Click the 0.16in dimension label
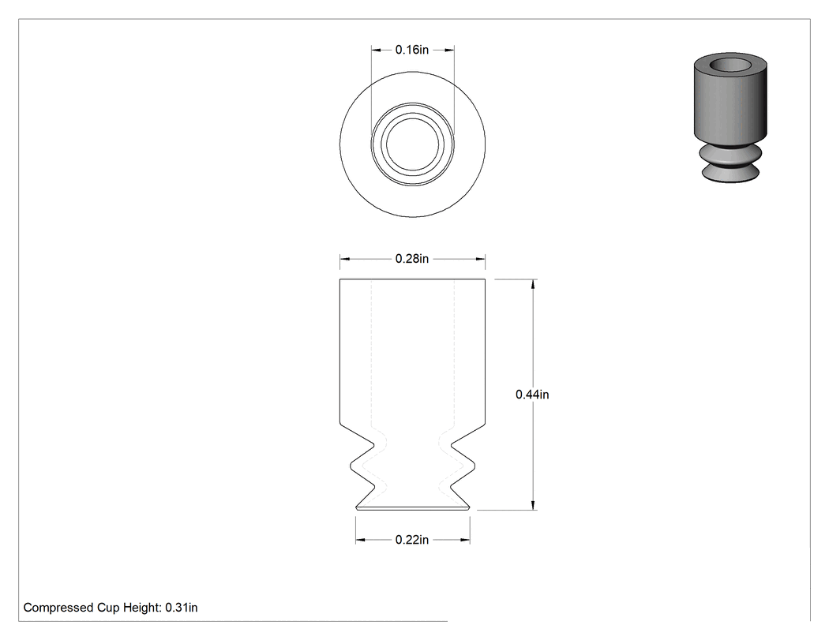point(412,50)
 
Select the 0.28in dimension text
point(412,258)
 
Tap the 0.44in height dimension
point(532,395)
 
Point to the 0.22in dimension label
point(412,540)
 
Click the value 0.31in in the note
point(182,608)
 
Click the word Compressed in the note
point(58,608)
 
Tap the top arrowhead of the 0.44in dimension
point(533,284)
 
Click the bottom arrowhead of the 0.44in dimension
point(533,505)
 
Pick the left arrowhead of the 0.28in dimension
point(345,259)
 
